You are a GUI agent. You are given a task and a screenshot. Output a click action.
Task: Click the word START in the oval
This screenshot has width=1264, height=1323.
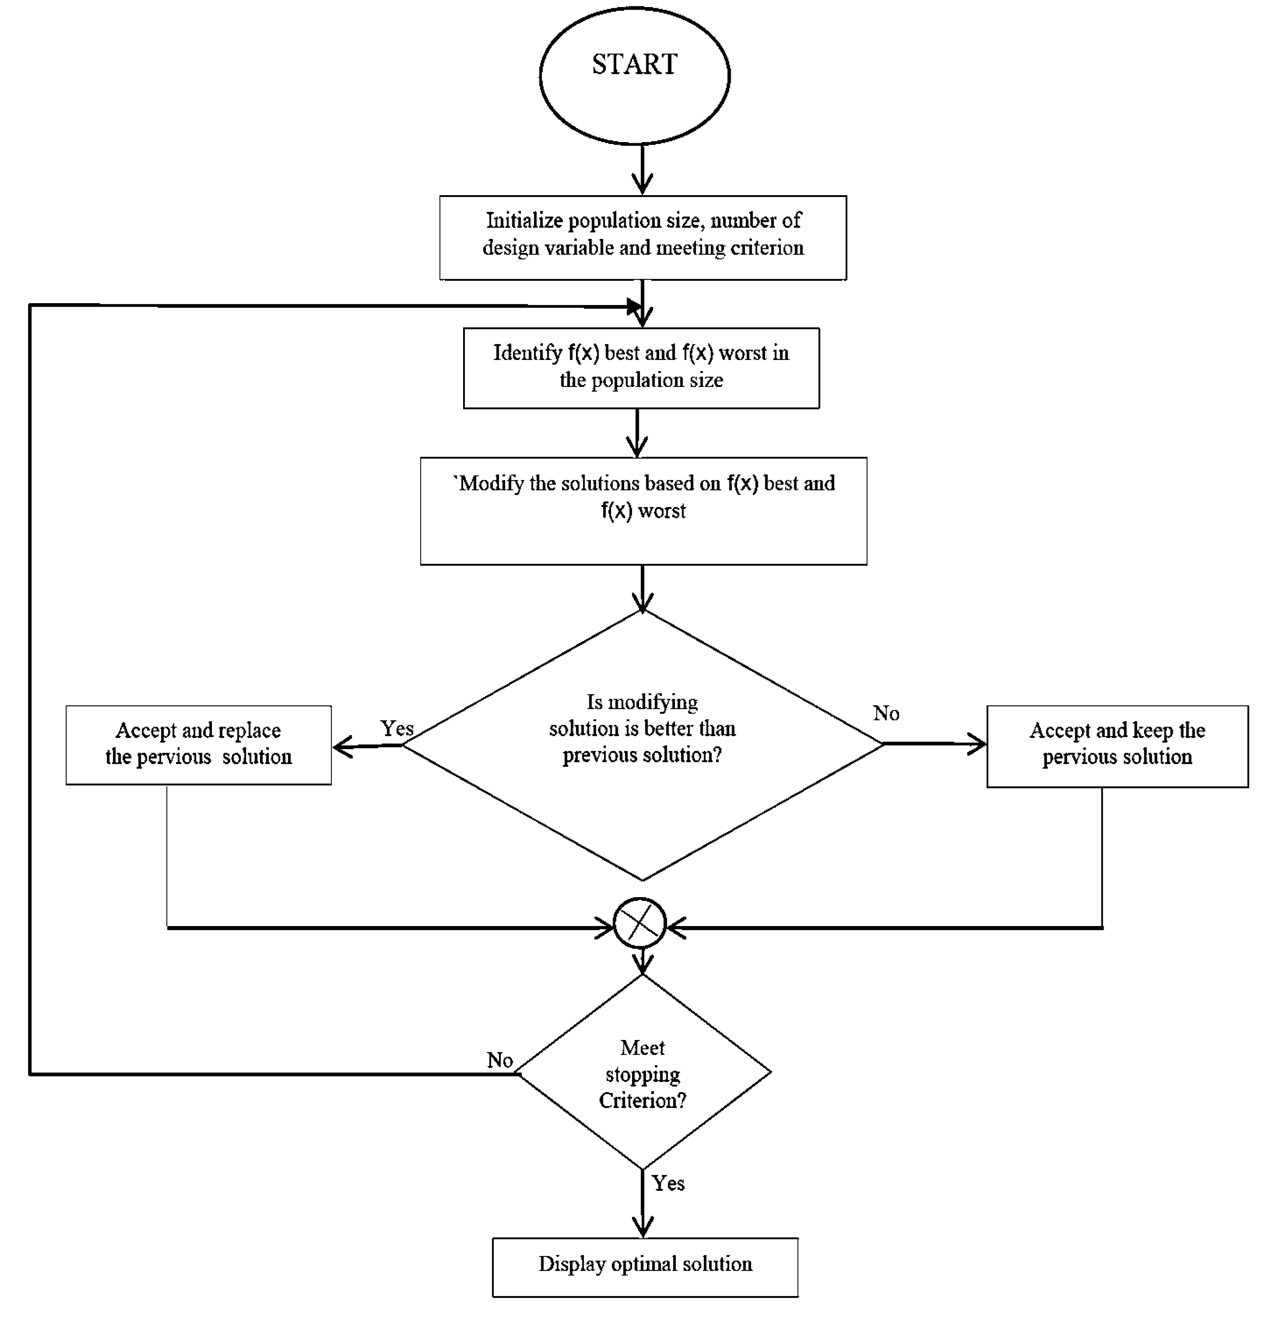(634, 65)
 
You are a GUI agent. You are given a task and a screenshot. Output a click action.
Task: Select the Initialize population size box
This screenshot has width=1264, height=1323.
(643, 237)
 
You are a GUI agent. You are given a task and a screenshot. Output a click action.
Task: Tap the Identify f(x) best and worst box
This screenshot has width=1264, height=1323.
(641, 367)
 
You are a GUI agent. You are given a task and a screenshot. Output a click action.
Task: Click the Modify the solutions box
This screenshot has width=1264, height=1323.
(643, 510)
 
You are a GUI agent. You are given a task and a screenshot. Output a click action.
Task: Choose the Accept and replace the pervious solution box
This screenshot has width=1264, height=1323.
(198, 744)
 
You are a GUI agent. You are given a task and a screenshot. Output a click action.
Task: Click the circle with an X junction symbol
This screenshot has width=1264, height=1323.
(639, 923)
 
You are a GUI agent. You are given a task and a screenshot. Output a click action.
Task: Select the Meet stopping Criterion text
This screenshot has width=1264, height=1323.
(642, 1074)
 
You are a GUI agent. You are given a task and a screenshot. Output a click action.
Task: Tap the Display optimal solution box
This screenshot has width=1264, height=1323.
(645, 1267)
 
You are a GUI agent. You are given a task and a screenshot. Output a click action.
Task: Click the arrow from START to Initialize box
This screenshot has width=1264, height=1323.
(642, 170)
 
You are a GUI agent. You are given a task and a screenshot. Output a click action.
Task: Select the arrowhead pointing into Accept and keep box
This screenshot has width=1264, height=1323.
(978, 744)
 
